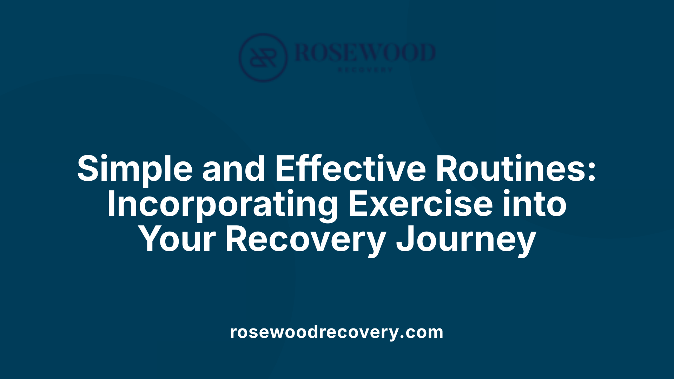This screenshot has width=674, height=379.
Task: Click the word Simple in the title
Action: (x=135, y=169)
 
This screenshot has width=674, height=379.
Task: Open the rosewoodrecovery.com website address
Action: (x=337, y=332)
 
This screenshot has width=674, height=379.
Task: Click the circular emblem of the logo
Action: (x=263, y=58)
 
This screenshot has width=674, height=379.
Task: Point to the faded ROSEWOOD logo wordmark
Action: (x=365, y=53)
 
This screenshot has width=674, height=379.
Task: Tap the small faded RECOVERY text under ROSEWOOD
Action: (x=365, y=70)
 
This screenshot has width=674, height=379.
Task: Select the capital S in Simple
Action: (x=87, y=168)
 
